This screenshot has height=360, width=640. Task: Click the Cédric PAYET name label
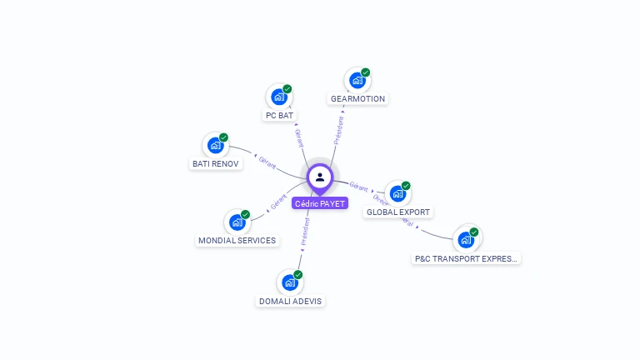(320, 203)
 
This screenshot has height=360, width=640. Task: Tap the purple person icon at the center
(320, 177)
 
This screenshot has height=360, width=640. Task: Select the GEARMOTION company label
(357, 98)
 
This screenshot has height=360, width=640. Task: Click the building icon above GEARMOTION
(357, 80)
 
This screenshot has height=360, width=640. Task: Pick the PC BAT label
(279, 115)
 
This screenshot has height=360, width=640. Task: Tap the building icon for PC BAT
(279, 97)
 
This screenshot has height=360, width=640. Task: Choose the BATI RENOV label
(216, 163)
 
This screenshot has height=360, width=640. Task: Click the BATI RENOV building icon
(216, 145)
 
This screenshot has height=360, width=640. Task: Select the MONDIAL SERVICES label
(237, 240)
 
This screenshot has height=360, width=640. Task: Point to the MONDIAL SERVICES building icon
(237, 222)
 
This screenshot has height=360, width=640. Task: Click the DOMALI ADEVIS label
(290, 301)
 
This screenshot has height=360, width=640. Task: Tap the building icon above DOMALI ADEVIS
(290, 282)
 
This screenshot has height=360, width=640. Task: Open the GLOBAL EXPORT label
(398, 212)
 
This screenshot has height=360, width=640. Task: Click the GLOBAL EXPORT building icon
(398, 193)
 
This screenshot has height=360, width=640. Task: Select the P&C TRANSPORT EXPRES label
(467, 258)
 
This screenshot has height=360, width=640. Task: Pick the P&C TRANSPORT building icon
(466, 240)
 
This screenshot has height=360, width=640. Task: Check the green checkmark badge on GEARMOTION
(365, 72)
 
